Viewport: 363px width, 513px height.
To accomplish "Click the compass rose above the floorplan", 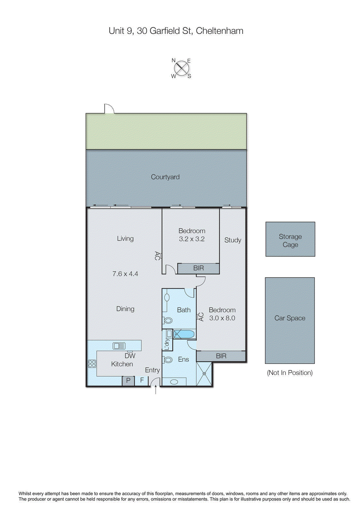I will (x=182, y=68).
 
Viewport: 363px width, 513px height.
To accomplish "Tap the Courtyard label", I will (x=165, y=177).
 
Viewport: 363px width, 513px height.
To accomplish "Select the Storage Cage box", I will (x=290, y=239).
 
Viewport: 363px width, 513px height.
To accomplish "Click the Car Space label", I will (x=290, y=318).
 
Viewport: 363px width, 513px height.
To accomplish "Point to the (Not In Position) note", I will (x=290, y=373).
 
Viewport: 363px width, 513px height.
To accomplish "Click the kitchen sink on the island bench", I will (x=119, y=346).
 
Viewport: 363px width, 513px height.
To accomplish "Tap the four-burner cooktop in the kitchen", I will (x=92, y=364).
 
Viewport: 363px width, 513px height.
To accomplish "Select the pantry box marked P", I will (x=128, y=381).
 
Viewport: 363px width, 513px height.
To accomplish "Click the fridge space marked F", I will (x=142, y=380).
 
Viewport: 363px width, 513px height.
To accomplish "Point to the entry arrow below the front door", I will (x=156, y=390).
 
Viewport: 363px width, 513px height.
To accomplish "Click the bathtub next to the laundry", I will (x=184, y=334).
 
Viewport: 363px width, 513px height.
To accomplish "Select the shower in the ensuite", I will (x=204, y=374).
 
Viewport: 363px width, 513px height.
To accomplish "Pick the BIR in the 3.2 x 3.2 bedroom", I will (x=198, y=268).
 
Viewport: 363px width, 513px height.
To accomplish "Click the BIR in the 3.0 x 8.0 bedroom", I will (x=221, y=356).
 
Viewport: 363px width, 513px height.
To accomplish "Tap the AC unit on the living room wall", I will (x=157, y=256).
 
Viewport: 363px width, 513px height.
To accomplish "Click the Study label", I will (x=233, y=240).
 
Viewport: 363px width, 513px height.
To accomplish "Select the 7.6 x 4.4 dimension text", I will (x=125, y=274).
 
